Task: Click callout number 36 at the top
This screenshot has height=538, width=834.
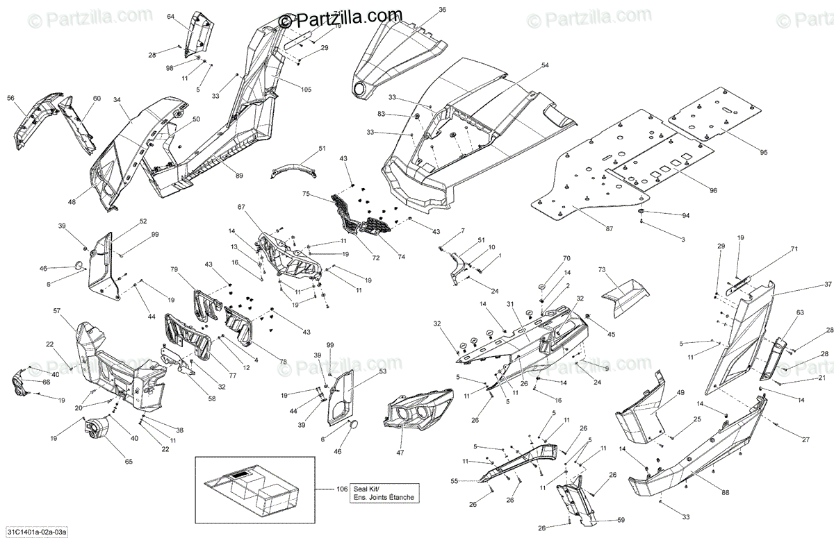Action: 443,9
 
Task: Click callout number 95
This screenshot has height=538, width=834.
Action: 764,152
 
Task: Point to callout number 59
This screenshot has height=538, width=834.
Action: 621,520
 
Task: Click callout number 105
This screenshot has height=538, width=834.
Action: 306,90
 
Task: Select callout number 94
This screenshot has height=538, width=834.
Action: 686,215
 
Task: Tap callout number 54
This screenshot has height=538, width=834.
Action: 545,65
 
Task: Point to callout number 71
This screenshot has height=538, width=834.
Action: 794,249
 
